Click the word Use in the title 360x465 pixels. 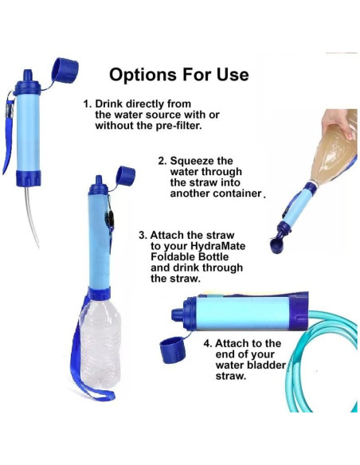click(232, 76)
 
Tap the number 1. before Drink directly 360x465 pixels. click(88, 104)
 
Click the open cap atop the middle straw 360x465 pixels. click(126, 175)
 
